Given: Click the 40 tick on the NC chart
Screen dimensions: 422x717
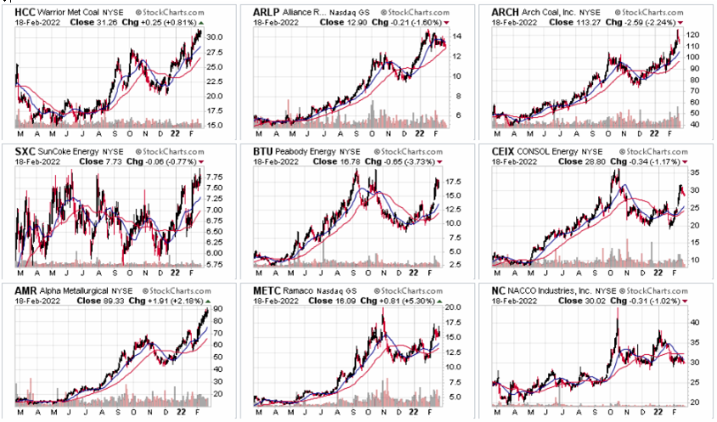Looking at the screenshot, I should click(693, 323).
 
